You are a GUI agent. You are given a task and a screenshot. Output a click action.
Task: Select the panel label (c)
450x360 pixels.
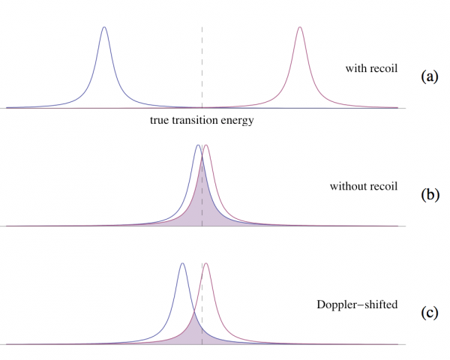coord(430,312)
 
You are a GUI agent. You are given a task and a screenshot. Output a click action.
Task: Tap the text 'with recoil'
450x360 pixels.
coord(371,69)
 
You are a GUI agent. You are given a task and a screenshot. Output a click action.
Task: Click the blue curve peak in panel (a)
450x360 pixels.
coord(103,28)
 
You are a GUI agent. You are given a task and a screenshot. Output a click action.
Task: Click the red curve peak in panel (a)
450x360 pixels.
coord(299,28)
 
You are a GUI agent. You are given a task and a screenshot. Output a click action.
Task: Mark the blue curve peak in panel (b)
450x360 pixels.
coord(197,145)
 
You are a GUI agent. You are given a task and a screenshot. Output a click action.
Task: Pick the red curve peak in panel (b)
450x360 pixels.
coord(206,145)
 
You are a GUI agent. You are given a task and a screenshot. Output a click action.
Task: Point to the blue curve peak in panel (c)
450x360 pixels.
coord(182,263)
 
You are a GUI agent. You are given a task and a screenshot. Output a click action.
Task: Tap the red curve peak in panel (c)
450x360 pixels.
coord(206,263)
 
